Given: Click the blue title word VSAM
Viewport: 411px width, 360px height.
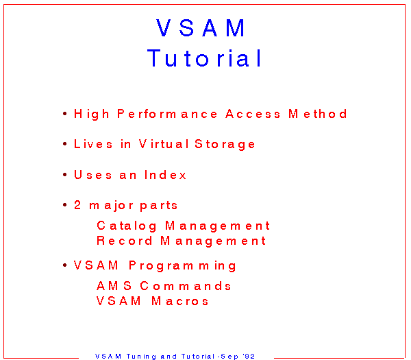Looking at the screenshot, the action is pos(201,28).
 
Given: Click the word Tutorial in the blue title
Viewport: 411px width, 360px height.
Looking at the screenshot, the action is pos(204,58).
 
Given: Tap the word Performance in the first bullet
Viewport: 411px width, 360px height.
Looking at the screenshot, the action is pos(167,114).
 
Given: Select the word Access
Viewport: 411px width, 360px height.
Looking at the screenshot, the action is pos(253,114).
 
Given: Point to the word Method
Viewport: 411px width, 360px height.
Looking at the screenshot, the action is pos(318,114).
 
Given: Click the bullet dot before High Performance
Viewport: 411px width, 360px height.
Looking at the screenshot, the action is pos(65,114).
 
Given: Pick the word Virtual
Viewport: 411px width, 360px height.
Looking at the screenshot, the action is pos(164,144).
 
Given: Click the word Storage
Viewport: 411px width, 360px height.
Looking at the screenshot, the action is pos(225,145).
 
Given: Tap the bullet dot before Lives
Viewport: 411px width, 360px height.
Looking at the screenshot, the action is pos(65,144).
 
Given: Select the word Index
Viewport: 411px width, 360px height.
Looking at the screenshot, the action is pos(165,175).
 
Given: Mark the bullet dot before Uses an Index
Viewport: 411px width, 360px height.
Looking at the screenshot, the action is pos(65,174).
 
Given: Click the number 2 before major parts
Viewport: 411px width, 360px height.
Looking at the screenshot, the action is pos(77,205).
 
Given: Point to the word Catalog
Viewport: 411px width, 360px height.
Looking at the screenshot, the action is pos(127,226).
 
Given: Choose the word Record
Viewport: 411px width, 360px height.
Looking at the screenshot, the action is pos(125,241).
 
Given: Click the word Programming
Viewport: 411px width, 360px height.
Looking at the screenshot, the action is pos(182,266).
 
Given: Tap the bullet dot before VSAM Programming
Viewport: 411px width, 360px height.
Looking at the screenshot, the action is pos(65,265).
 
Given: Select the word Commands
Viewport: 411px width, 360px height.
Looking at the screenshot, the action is pos(186,286).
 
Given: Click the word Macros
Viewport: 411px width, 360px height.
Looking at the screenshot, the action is pos(179,301).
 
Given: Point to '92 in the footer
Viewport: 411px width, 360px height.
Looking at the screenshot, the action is pos(249,356).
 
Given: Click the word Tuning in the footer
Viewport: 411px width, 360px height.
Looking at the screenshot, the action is pos(141,357).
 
